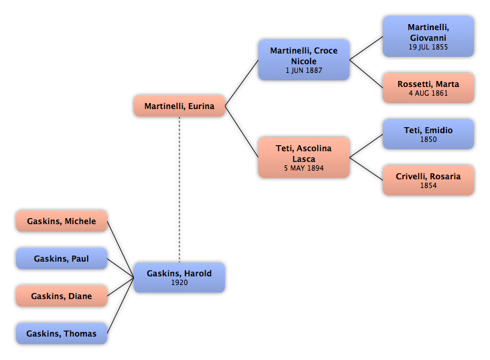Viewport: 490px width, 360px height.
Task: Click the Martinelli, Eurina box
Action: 179,106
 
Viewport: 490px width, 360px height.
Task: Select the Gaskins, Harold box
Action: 179,278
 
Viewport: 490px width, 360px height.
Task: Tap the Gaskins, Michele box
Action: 62,221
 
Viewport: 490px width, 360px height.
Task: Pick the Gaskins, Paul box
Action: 62,258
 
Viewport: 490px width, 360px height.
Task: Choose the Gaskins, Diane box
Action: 62,296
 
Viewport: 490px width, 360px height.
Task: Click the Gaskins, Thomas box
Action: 62,333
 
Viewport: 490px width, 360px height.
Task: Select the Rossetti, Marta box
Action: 428,88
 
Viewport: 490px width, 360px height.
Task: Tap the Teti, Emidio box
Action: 428,134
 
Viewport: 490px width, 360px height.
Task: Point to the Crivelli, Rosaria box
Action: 428,180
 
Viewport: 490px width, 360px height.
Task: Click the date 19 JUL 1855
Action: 428,48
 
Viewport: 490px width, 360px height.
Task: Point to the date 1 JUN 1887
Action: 304,71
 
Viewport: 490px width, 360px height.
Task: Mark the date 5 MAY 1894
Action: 304,168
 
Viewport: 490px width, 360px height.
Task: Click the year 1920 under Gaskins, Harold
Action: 179,282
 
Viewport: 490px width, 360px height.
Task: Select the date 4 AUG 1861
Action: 428,93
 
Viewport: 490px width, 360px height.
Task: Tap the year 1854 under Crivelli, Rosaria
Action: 428,185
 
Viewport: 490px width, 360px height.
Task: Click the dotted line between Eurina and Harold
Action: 179,189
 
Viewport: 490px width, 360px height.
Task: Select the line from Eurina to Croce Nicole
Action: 242,83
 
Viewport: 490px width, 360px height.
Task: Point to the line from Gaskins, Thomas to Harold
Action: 120,306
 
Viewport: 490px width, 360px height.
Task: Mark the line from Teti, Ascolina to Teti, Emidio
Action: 366,146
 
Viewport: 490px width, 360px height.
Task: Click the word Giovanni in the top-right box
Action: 428,38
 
